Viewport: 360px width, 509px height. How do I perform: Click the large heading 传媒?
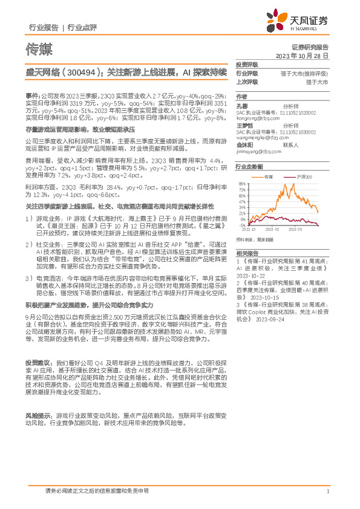(x=39, y=47)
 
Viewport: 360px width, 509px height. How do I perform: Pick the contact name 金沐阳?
(x=244, y=145)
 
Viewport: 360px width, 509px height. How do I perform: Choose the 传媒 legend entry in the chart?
(x=269, y=177)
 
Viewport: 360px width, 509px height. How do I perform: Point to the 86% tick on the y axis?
(x=242, y=183)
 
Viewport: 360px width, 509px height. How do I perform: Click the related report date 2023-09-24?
(x=270, y=319)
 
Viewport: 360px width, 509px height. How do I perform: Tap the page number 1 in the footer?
(x=327, y=491)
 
